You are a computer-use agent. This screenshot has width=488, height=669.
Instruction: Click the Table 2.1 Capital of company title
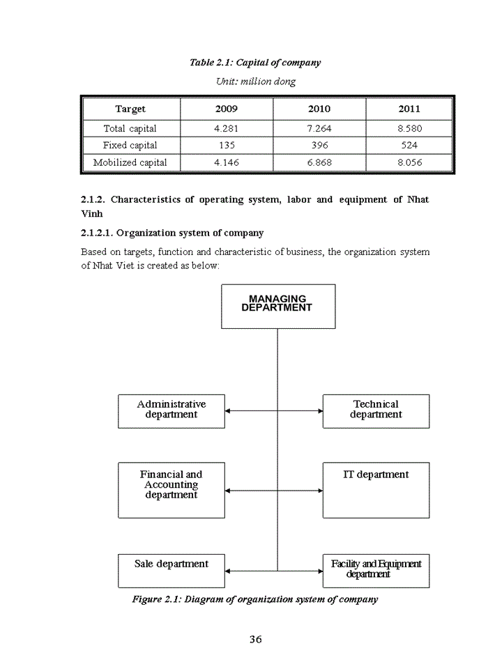coord(255,63)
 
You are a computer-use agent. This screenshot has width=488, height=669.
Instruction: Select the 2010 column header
coord(319,109)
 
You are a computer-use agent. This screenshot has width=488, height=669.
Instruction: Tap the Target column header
coord(130,109)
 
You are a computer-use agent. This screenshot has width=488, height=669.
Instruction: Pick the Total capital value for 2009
coord(226,128)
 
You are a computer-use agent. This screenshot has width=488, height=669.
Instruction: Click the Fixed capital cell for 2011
coord(409,146)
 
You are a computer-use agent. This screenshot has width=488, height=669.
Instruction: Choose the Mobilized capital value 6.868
coord(319,162)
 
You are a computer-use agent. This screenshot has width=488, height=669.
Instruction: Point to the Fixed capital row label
coord(130,146)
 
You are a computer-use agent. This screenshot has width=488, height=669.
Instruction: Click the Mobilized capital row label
coord(130,162)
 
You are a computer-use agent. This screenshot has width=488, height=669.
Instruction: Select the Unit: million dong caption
coord(255,82)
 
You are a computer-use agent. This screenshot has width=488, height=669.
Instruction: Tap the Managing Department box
coord(277,306)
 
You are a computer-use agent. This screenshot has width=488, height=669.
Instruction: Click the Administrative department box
coord(171,410)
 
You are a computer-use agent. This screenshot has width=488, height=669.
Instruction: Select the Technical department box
coord(376,410)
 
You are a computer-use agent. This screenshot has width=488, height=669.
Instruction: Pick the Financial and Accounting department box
coord(171,489)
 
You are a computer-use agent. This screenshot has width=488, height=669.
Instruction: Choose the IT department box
coord(376,489)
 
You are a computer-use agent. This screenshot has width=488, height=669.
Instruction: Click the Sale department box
coord(171,570)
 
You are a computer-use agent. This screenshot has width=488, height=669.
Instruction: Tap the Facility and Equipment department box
coord(376,570)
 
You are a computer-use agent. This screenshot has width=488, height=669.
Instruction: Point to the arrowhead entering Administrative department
coord(228,411)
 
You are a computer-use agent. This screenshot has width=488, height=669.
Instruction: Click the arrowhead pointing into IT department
coord(320,491)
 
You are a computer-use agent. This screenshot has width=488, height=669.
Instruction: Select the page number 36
coord(255,640)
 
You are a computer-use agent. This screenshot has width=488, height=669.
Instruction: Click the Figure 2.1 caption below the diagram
coord(255,599)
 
